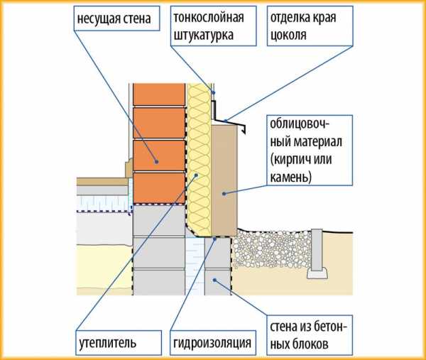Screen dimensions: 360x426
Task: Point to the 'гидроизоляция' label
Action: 212,344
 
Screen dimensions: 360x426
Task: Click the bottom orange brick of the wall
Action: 160,187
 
